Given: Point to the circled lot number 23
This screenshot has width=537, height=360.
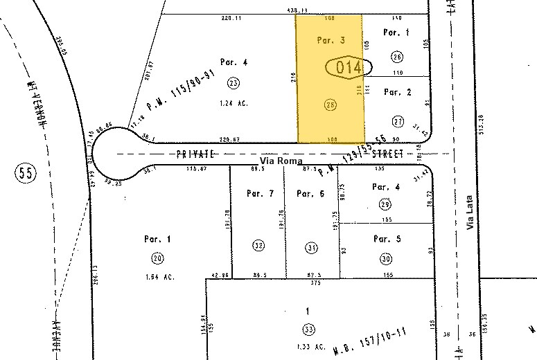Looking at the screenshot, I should pyautogui.click(x=234, y=83).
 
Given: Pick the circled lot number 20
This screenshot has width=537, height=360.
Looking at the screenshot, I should pyautogui.click(x=157, y=258).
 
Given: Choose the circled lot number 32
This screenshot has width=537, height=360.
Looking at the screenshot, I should pyautogui.click(x=259, y=245).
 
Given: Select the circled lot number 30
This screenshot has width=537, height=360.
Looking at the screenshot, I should pyautogui.click(x=386, y=258).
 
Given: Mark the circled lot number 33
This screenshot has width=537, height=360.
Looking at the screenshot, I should pyautogui.click(x=307, y=328).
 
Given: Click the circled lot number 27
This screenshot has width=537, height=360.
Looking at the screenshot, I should pyautogui.click(x=398, y=121).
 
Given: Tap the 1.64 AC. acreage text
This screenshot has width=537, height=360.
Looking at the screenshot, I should pyautogui.click(x=158, y=277).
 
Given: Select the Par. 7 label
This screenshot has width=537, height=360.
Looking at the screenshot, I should pyautogui.click(x=260, y=193).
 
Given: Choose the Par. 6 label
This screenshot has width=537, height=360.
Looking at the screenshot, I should pyautogui.click(x=310, y=193).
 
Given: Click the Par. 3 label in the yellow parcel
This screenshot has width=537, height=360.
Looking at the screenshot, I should pyautogui.click(x=331, y=40).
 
